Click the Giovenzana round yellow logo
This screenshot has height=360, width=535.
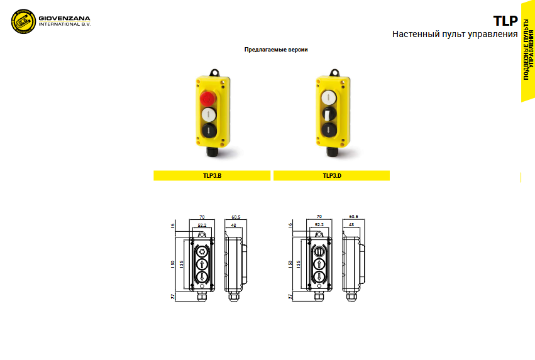pos(23,21)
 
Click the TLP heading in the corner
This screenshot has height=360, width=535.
pos(505,21)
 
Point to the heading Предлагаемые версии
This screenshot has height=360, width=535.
pos(276,50)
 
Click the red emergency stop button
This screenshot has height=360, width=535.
pos(207,98)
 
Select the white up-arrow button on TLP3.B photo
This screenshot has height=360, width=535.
pos(209,114)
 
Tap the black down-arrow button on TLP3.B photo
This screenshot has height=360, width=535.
pos(209,130)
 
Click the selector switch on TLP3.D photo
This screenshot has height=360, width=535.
pos(329,114)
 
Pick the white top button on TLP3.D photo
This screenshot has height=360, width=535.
pos(329,98)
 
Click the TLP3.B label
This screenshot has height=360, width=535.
pos(212,175)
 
